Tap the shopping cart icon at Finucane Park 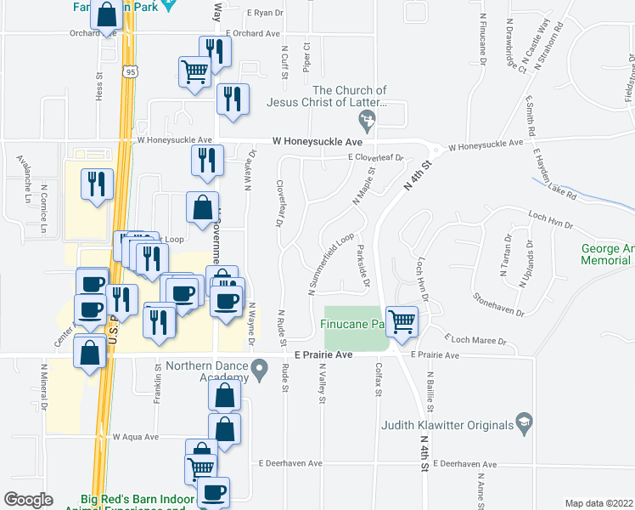coord(402,321)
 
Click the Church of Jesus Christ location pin coord(367,127)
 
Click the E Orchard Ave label coord(252,34)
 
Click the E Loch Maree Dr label coord(477,341)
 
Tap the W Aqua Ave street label coord(136,436)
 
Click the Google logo coord(28,500)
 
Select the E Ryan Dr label coord(264,13)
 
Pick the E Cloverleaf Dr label coord(374,157)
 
